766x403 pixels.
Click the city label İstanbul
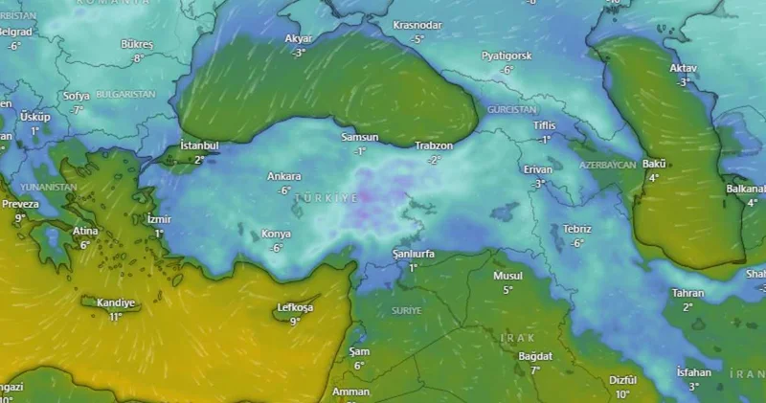click(x=199, y=146)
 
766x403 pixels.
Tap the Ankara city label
click(x=284, y=176)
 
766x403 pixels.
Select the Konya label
click(x=276, y=234)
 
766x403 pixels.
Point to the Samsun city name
click(x=360, y=138)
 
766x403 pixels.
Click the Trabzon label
click(x=434, y=146)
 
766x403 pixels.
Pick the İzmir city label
click(x=159, y=219)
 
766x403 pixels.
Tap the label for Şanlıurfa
click(x=414, y=254)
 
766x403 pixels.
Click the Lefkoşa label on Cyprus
click(x=295, y=308)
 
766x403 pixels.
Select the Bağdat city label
click(x=535, y=356)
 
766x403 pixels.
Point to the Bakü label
click(x=654, y=164)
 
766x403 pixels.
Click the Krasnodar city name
click(x=417, y=25)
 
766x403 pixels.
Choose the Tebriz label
click(x=577, y=229)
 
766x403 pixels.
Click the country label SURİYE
click(x=406, y=311)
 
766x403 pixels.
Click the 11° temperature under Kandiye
click(x=116, y=316)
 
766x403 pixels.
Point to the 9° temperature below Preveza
click(x=20, y=217)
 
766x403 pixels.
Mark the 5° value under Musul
click(x=507, y=289)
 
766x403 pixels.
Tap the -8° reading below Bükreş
click(x=137, y=58)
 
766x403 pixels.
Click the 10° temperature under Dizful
click(x=622, y=393)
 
